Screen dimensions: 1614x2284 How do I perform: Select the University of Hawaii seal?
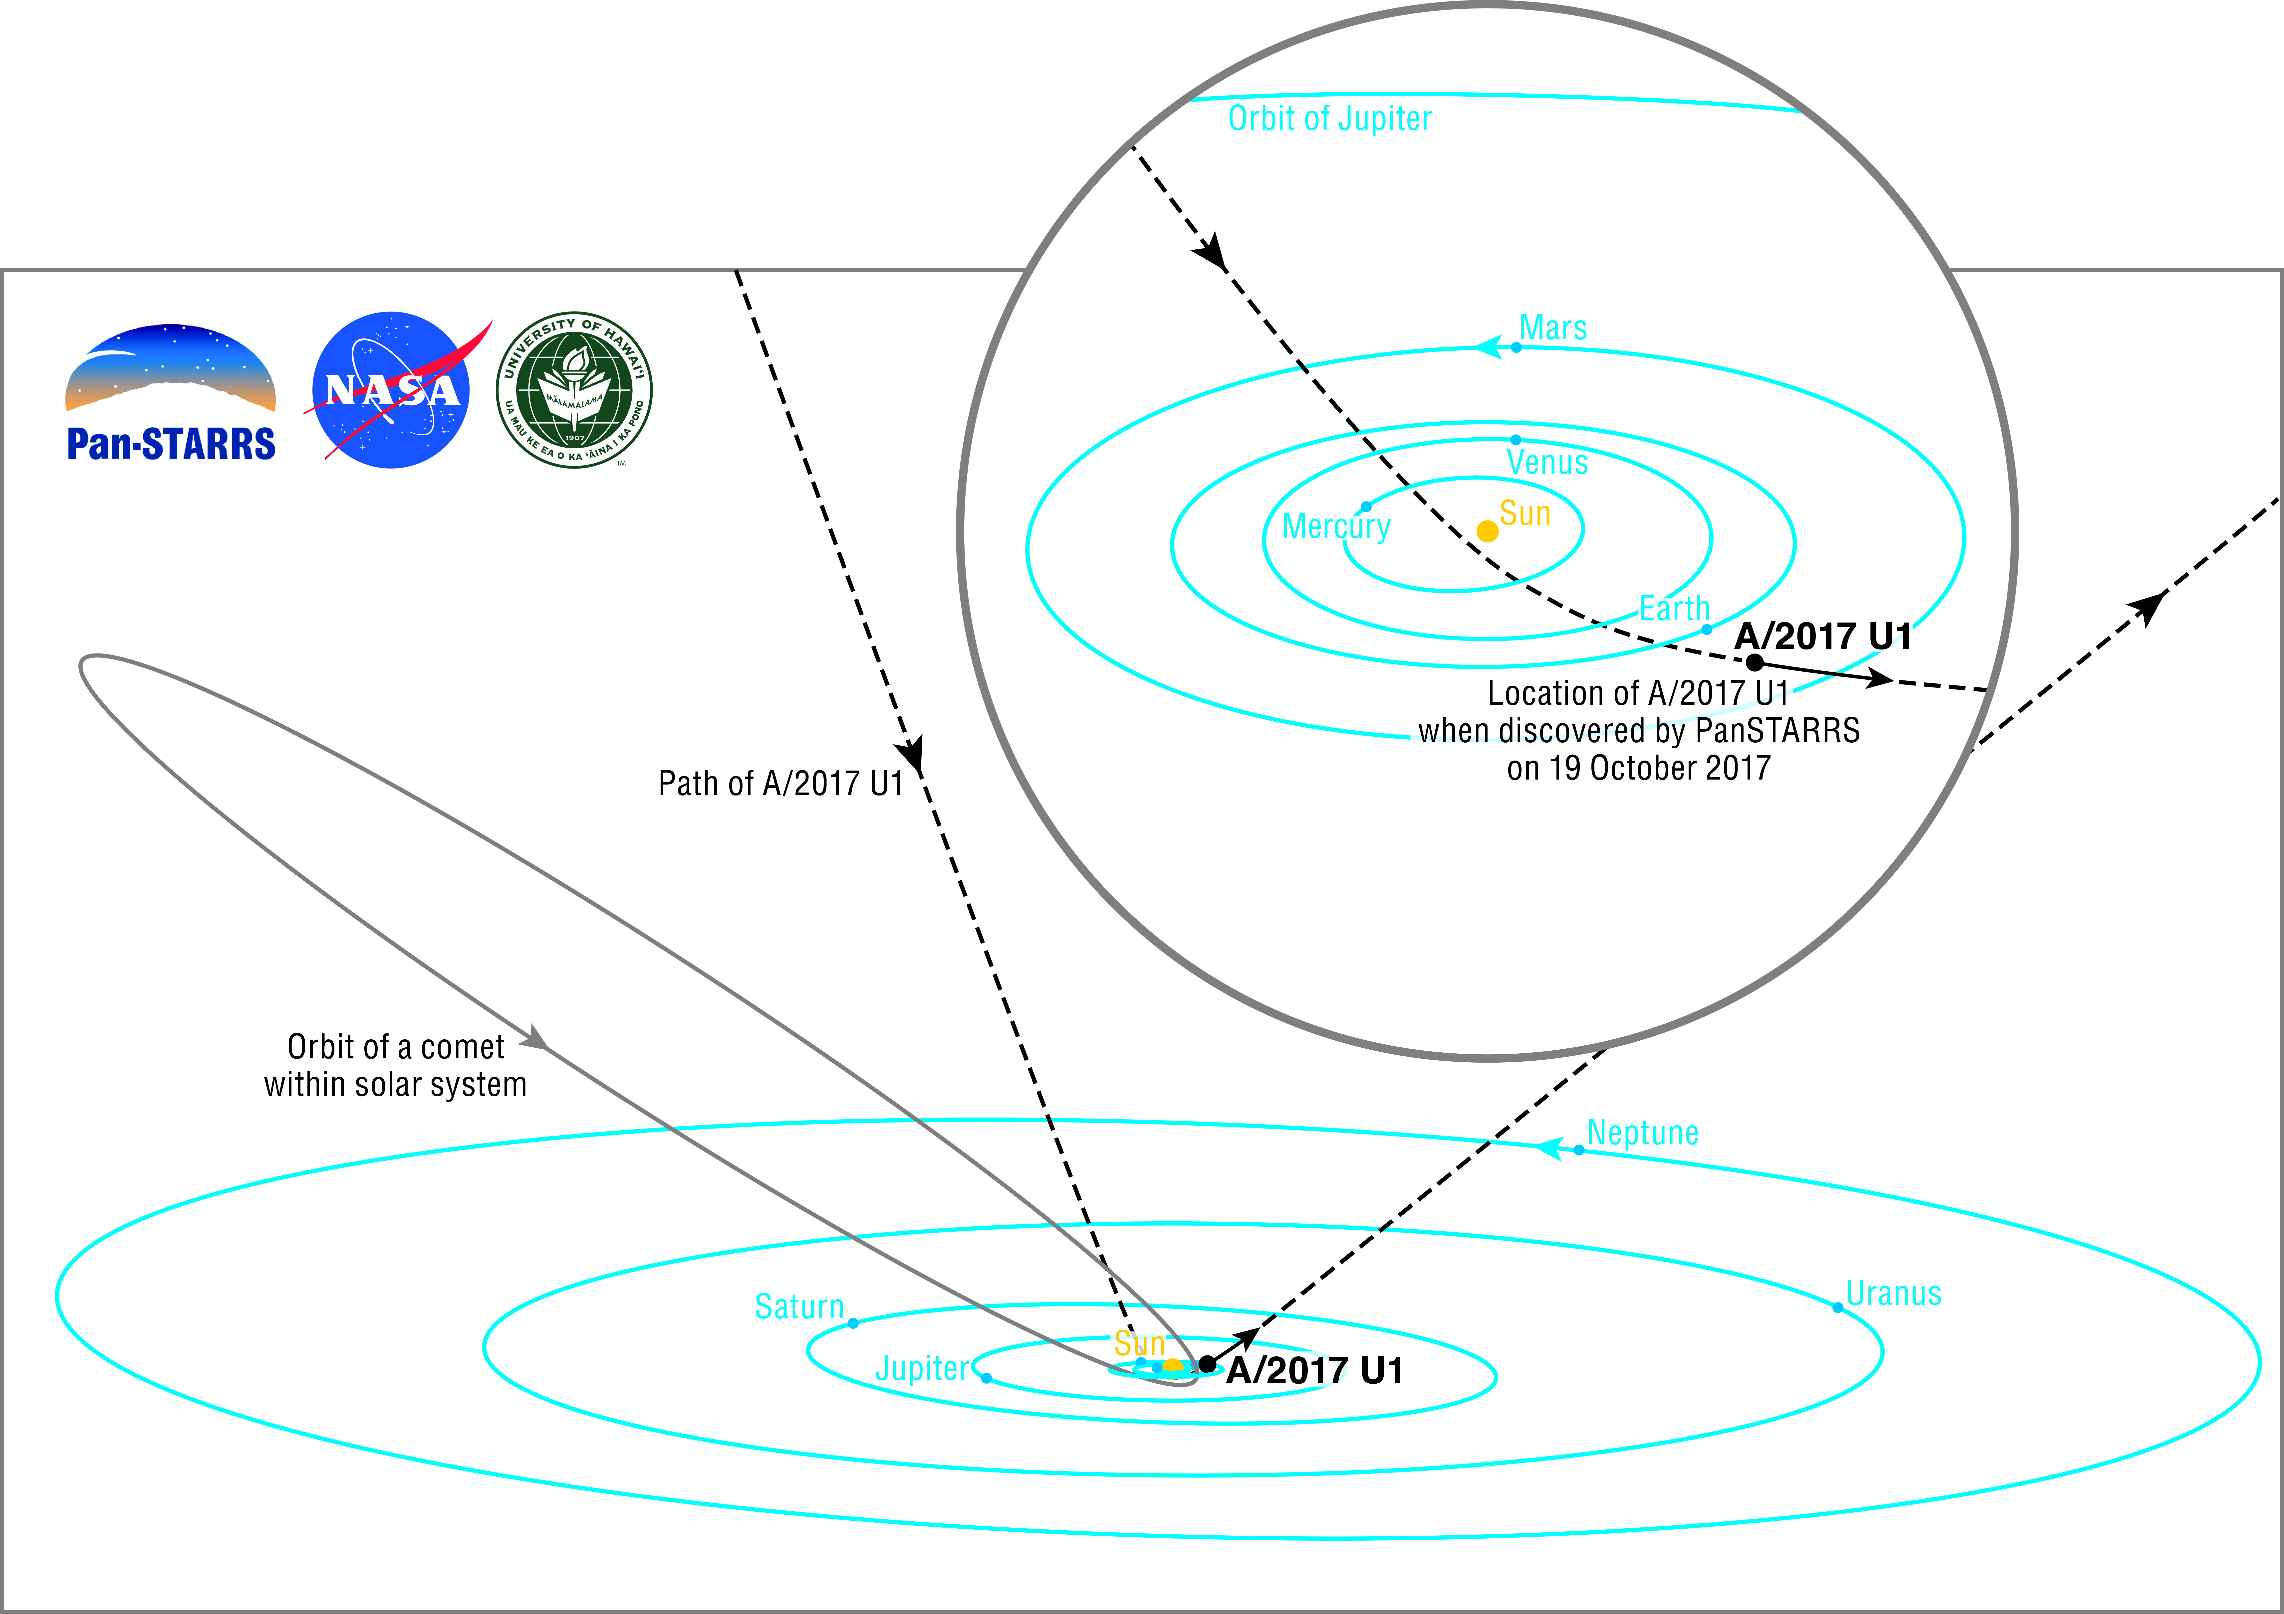tap(574, 390)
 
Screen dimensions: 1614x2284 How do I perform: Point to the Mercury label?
tap(1336, 526)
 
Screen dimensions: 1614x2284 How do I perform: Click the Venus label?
tap(1547, 463)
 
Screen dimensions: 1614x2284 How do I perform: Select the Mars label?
tap(1553, 328)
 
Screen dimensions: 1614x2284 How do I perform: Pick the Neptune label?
tap(1642, 1133)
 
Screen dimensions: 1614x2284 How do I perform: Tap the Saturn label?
tap(799, 1307)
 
